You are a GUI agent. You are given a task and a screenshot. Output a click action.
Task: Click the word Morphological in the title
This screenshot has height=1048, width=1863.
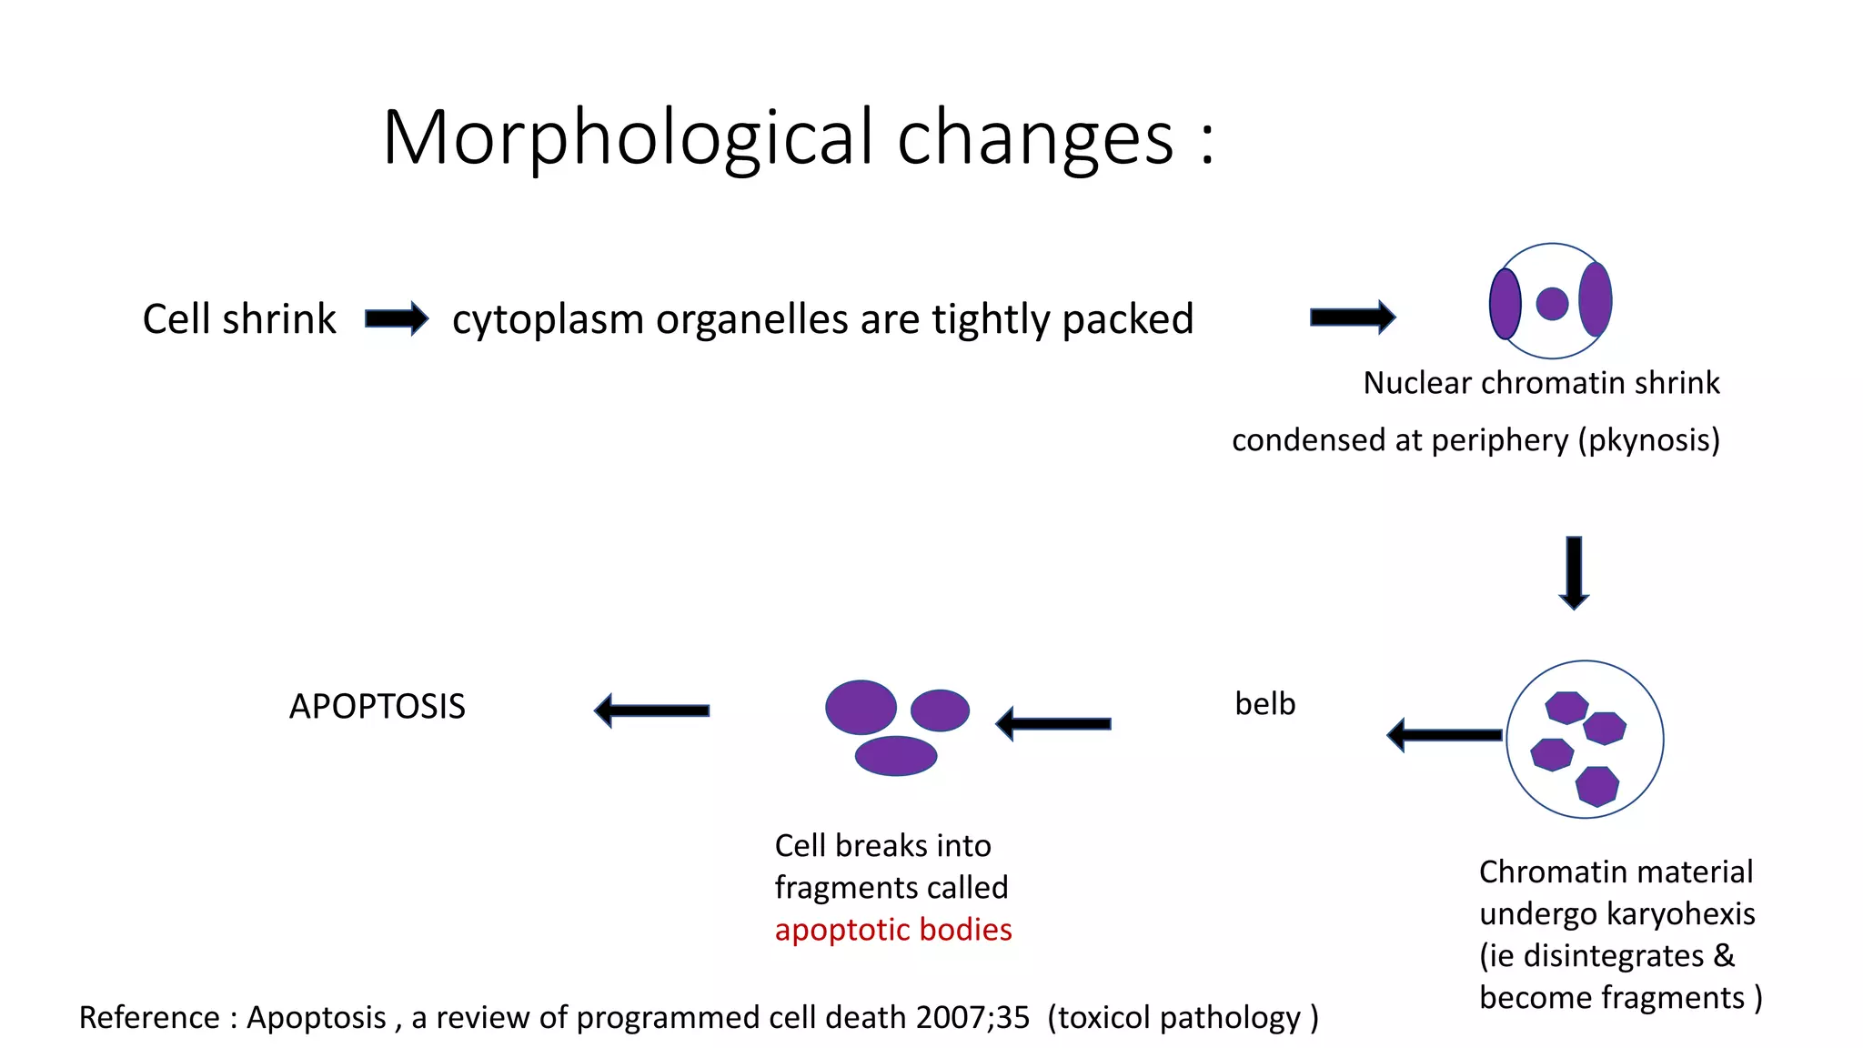pos(628,138)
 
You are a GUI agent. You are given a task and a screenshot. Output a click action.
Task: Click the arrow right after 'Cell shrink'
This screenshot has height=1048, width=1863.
pos(396,318)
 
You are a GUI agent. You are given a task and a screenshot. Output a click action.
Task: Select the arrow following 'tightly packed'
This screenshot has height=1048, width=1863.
pos(1352,317)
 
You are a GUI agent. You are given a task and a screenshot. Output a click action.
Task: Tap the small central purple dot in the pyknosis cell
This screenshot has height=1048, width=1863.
pos(1552,304)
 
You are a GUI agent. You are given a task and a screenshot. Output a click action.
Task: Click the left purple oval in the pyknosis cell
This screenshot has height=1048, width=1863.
pos(1505,304)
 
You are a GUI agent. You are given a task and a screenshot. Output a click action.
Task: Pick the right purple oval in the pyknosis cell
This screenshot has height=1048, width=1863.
pos(1596,299)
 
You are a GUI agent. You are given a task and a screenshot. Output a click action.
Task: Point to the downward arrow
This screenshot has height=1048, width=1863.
pos(1574,572)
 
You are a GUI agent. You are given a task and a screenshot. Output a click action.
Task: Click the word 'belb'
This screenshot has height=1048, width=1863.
pos(1264,704)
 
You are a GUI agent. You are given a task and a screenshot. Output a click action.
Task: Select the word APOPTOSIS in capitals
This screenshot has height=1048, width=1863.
pos(377,707)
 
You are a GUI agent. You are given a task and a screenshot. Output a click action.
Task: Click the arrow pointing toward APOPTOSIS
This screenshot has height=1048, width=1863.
pos(651,710)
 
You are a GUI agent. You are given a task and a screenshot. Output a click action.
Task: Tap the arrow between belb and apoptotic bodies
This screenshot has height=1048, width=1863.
pos(1053,724)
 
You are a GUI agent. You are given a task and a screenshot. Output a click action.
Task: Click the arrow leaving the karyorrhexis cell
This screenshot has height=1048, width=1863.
pos(1444,735)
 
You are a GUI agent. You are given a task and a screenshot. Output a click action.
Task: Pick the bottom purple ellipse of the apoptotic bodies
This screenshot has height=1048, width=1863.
pos(896,756)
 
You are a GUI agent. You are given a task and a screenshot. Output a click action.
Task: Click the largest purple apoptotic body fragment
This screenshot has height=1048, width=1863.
pos(861,707)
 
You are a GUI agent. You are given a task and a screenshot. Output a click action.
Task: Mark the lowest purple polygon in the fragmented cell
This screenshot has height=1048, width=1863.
pos(1597,786)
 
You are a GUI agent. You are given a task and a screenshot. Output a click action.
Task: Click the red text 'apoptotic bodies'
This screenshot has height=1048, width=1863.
pos(893,930)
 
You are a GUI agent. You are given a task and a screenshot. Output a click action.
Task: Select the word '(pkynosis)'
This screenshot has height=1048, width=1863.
pos(1649,440)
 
